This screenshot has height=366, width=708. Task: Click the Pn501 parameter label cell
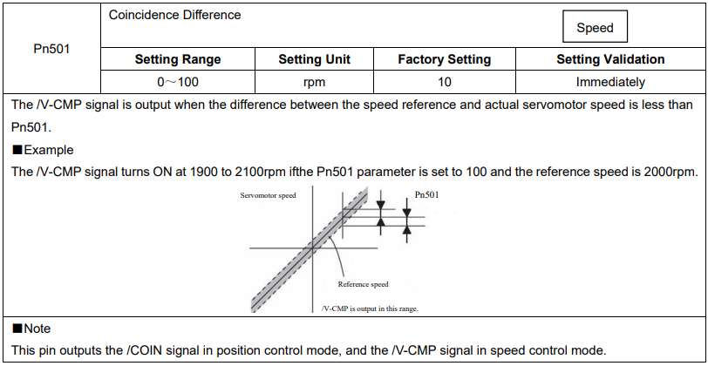tap(51, 48)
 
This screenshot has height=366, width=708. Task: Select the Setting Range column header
tap(178, 59)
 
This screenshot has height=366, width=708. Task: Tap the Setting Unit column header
tap(314, 59)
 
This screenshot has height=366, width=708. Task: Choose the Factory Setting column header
tap(445, 59)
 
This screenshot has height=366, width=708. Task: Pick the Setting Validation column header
tap(610, 59)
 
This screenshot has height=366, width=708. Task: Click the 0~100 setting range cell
tap(178, 82)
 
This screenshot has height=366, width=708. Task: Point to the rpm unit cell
tap(314, 82)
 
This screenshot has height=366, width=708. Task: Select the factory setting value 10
tap(445, 82)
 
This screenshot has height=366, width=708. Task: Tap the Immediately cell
tap(610, 82)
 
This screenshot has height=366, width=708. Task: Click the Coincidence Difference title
tap(174, 15)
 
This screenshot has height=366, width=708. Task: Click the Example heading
tap(43, 150)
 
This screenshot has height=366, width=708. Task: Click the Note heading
tap(31, 329)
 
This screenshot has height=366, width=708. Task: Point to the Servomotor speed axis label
tap(269, 196)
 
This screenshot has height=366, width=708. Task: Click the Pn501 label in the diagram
tap(426, 195)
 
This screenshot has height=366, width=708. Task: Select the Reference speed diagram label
tap(363, 284)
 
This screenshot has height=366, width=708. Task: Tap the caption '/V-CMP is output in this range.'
tap(370, 309)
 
